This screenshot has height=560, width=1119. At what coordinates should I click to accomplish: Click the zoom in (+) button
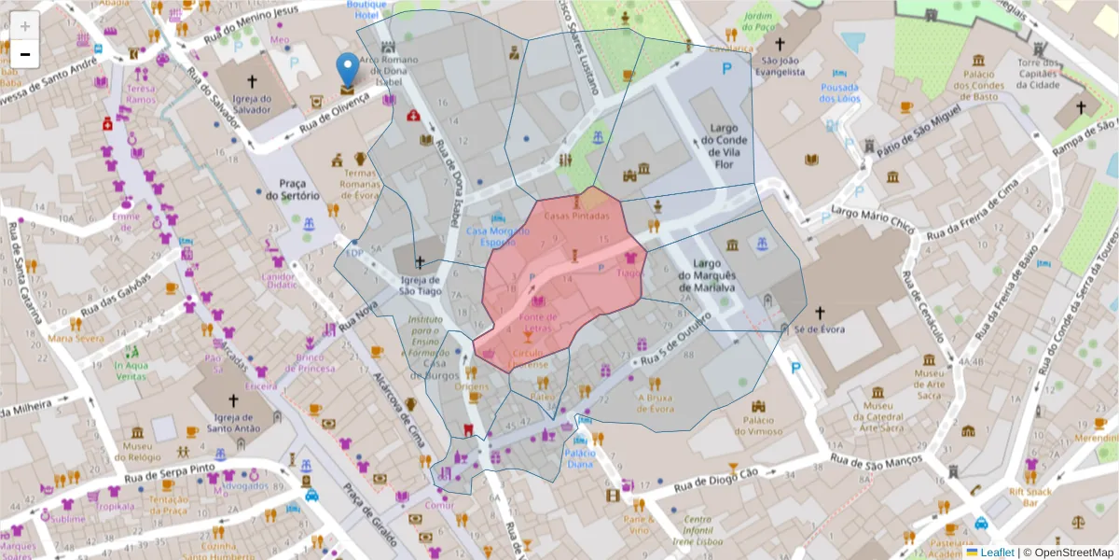[25, 26]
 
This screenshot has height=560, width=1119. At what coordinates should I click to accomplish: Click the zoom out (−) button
[25, 54]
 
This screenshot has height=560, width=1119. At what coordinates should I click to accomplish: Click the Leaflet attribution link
[996, 552]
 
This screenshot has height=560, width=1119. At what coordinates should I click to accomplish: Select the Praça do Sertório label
[292, 189]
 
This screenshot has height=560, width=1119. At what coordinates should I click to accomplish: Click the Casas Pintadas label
[576, 217]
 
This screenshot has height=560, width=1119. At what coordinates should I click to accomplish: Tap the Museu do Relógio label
[138, 452]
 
